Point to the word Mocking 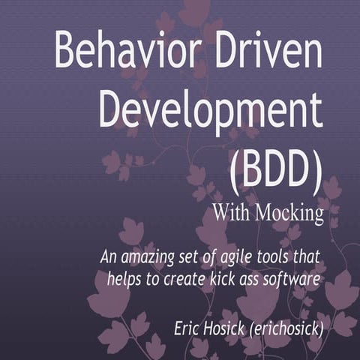coord(289,214)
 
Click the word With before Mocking coord(232,214)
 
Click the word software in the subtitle coord(295,280)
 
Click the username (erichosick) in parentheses coord(292,328)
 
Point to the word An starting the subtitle coord(109,257)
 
